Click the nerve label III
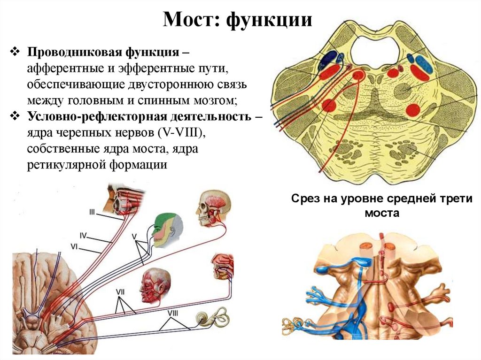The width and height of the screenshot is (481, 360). [93, 213]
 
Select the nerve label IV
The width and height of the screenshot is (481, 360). [83, 234]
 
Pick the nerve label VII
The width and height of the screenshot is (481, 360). [120, 291]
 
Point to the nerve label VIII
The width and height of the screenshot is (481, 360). [174, 312]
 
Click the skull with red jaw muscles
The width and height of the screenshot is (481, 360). [211, 209]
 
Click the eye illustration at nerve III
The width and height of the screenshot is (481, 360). [123, 199]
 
